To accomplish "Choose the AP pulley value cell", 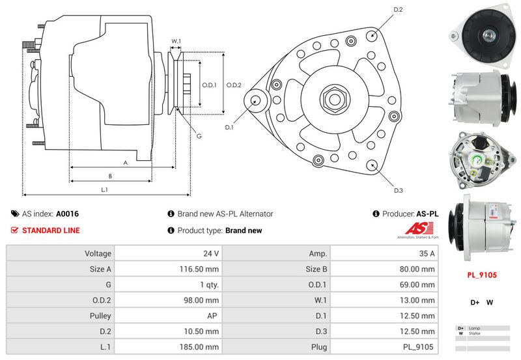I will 213,316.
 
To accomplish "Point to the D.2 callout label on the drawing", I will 398,10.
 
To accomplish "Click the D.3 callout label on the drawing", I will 398,190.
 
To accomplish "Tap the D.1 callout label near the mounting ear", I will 229,127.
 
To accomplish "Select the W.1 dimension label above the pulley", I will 176,42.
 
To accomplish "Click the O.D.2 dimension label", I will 234,85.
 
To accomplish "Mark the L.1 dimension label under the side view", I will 104,189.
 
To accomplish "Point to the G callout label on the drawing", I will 199,135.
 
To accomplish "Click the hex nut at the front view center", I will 333,100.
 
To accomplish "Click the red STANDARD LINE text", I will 51,230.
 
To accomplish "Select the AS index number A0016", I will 67,214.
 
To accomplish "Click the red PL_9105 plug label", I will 481,275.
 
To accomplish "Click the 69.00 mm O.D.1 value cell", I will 417,284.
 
